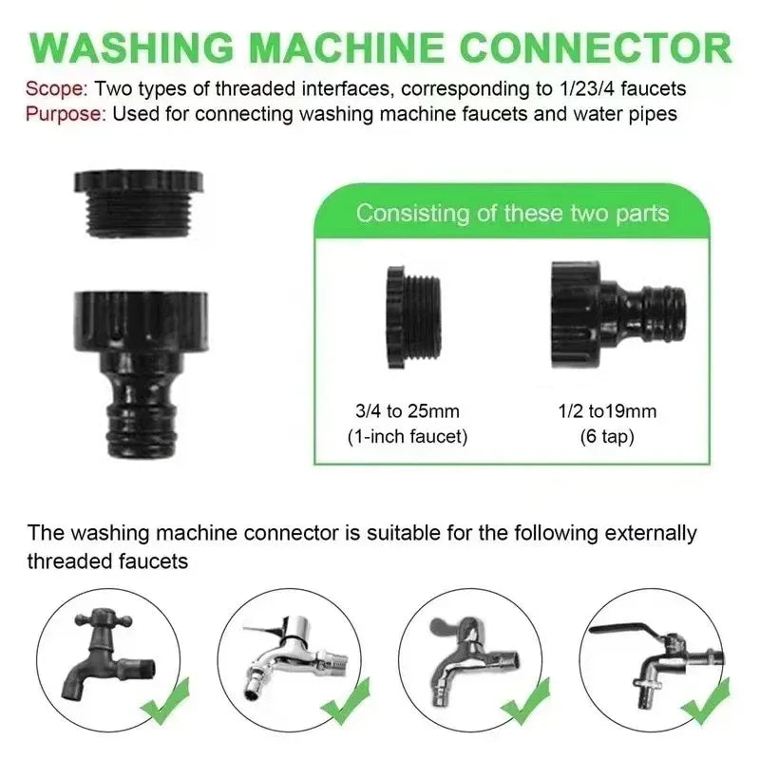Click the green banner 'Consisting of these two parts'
tap(512, 212)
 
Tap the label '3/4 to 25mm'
tap(407, 411)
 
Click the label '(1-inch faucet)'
tap(407, 437)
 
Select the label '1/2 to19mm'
tap(608, 411)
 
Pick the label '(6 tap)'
tap(608, 437)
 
